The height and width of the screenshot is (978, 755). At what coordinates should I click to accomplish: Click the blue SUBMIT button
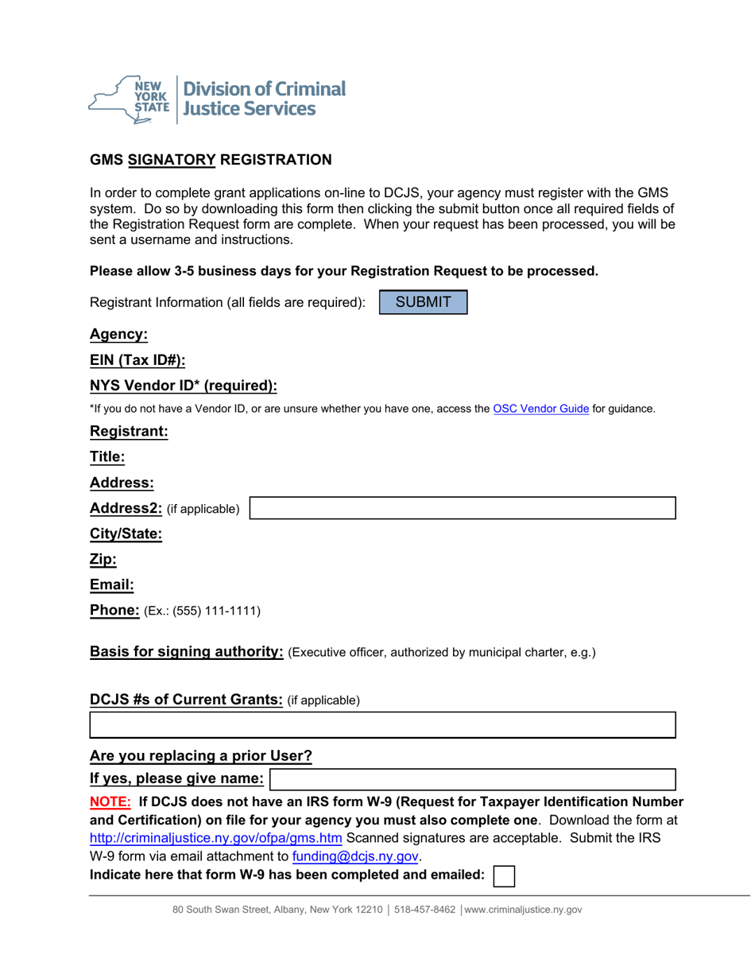coord(424,302)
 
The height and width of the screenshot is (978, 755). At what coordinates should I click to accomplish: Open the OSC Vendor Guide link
coord(540,409)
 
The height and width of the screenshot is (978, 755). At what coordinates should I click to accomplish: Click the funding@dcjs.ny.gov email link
coord(355,857)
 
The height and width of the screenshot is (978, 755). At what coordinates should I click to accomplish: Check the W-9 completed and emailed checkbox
coord(504,876)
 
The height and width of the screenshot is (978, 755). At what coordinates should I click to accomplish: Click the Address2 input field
coord(463,508)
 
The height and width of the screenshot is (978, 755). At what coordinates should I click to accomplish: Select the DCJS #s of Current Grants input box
coord(382,725)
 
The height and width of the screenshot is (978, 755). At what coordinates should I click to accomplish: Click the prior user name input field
coord(473,779)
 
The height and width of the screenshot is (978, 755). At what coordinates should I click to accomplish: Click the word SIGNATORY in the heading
coord(172,160)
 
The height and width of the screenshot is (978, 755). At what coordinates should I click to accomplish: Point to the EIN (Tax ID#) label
coord(137,360)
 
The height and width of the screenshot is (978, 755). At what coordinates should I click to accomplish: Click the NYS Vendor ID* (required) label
coord(184,386)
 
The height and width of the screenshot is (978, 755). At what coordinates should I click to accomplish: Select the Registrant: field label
coord(129,432)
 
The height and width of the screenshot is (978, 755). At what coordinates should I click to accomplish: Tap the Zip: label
coord(103,560)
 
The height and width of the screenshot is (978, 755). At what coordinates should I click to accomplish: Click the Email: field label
coord(111,585)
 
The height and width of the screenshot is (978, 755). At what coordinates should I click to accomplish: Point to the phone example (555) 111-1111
coord(213,611)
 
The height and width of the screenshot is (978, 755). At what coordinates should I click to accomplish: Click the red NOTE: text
coord(110,801)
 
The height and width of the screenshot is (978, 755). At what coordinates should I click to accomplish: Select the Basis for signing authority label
coord(187,652)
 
